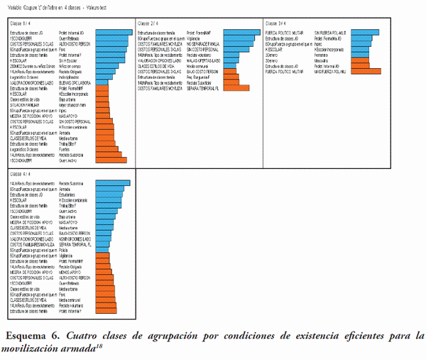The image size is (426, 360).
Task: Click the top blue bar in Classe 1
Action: tap(114, 33)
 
